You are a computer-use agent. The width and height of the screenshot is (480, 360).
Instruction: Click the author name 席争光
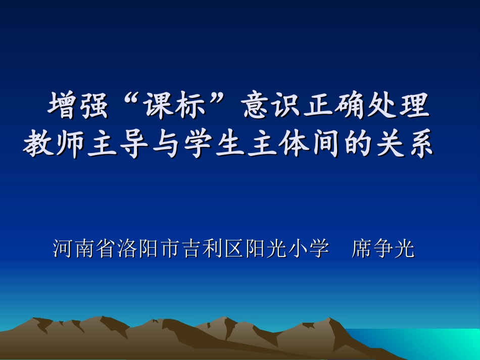(x=383, y=248)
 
